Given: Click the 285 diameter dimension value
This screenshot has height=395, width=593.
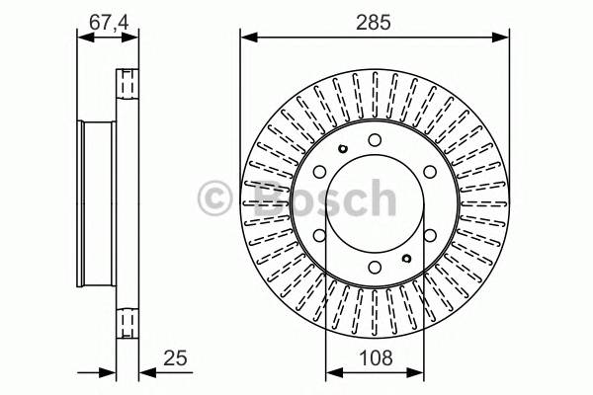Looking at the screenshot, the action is [373, 23].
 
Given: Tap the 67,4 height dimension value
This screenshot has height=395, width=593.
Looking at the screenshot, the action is [109, 23].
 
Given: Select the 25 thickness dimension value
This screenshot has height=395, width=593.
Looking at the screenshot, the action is [175, 357].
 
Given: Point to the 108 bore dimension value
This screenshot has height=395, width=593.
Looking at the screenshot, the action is [376, 357].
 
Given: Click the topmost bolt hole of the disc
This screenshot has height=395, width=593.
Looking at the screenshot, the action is [375, 140].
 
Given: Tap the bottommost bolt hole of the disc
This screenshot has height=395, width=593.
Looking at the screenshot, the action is [375, 268].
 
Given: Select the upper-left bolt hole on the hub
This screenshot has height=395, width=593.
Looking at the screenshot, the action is [320, 172].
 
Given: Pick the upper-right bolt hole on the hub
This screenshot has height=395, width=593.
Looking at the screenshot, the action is [430, 172].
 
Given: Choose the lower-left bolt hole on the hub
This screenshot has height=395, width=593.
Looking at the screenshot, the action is [320, 235].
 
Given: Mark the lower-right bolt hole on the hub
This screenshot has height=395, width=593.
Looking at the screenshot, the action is [430, 235].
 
